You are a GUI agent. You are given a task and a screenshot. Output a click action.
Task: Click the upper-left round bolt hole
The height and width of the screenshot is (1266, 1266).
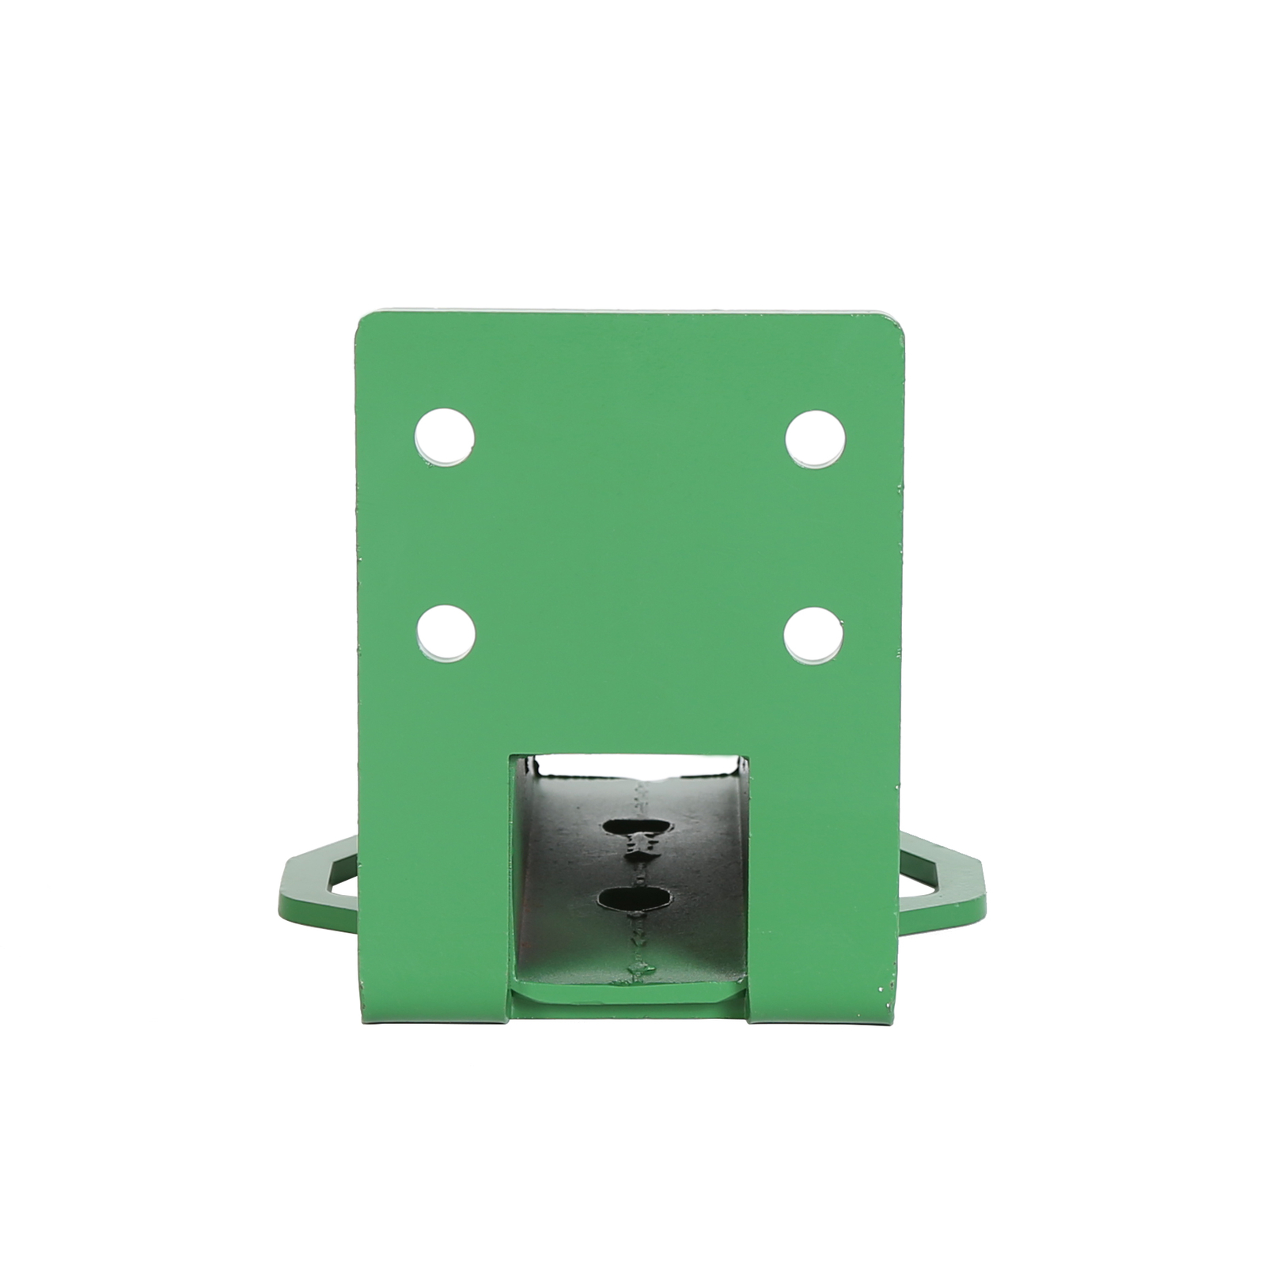[445, 436]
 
